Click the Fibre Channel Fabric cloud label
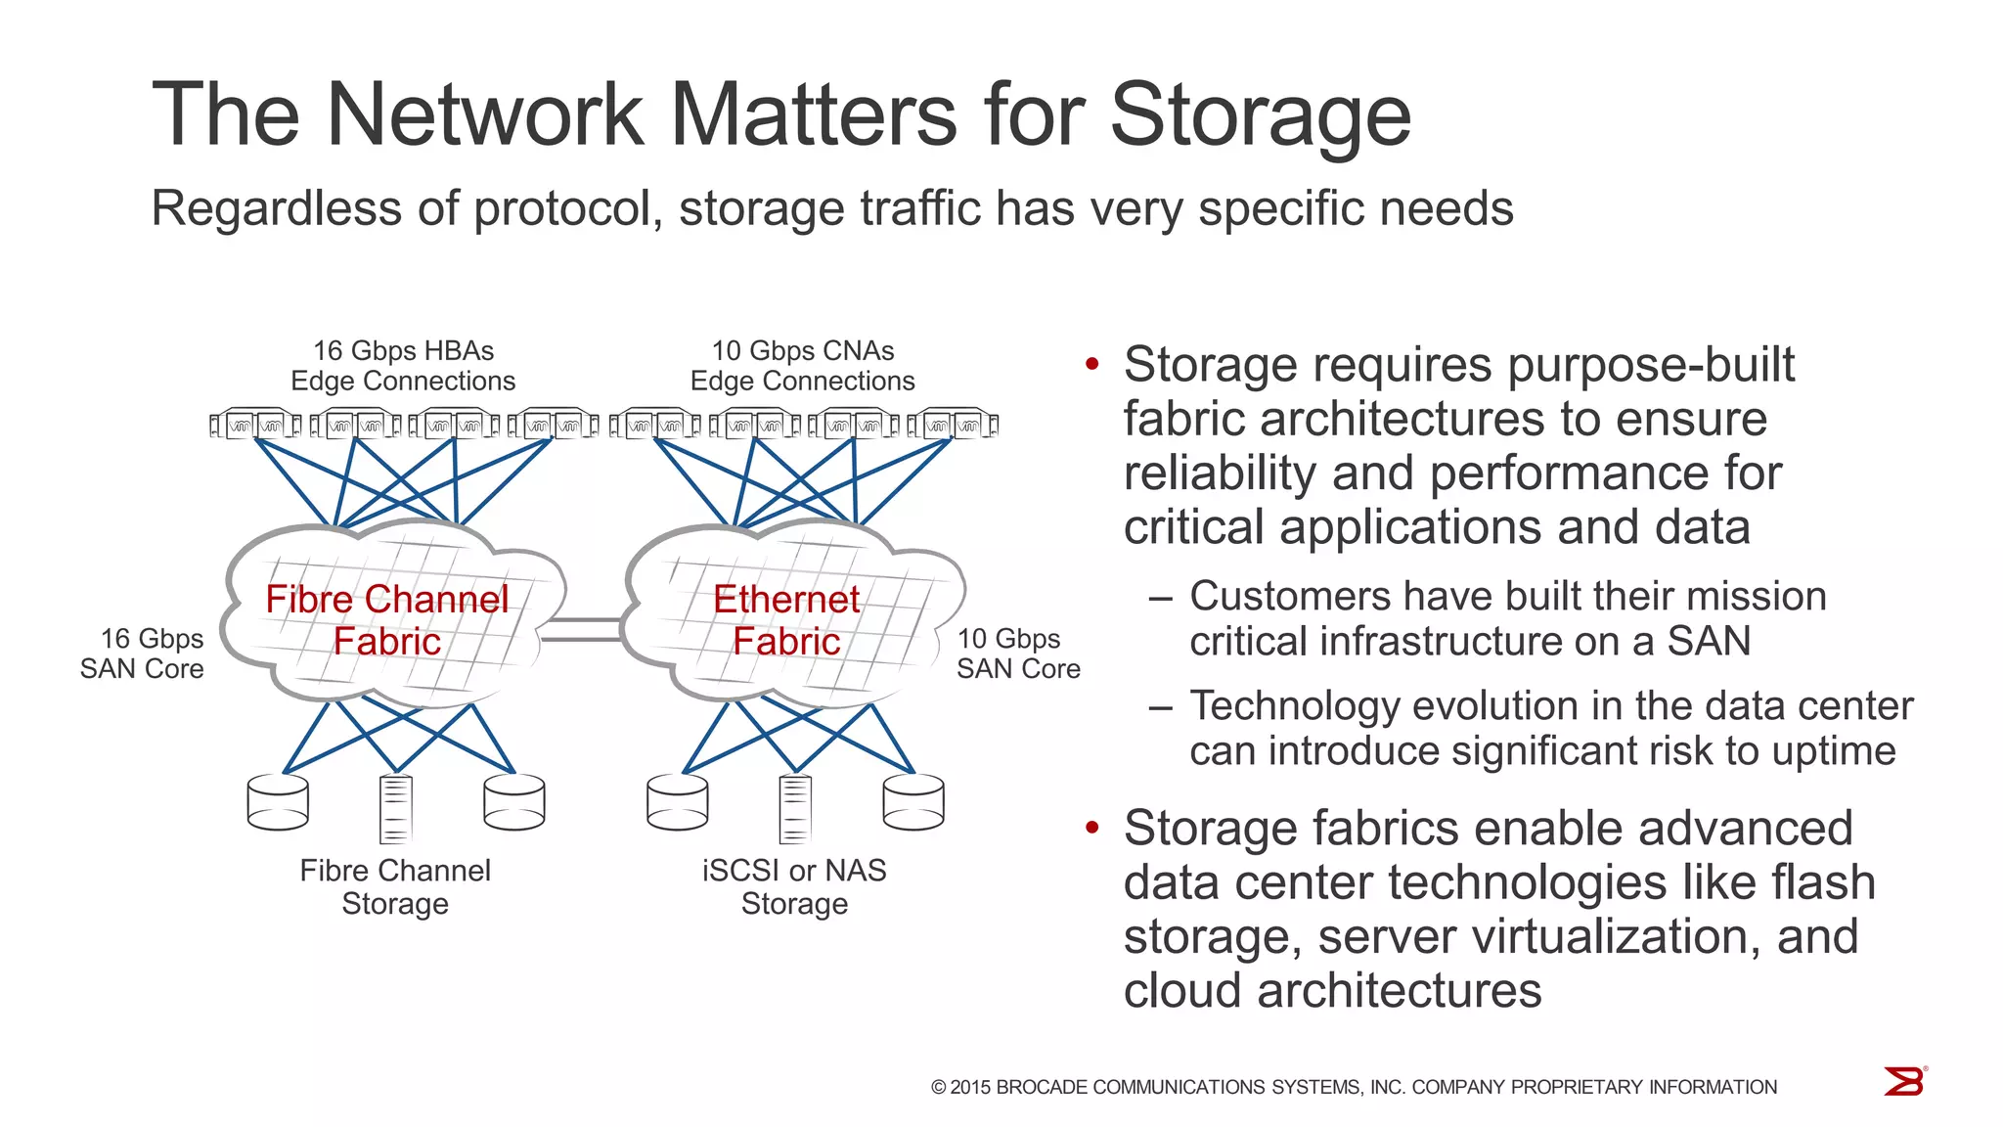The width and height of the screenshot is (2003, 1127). (387, 620)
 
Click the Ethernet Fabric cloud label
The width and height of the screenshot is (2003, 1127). (786, 620)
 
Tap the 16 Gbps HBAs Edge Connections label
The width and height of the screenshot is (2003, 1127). (403, 366)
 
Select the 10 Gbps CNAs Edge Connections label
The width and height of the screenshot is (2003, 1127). (802, 366)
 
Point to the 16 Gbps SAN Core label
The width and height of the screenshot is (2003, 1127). (143, 654)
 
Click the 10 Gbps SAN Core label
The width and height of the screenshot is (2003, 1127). (1017, 654)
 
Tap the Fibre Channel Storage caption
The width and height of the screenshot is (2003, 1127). (395, 886)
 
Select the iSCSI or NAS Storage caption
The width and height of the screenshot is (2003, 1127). (794, 886)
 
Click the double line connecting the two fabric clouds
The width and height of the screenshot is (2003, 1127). (581, 630)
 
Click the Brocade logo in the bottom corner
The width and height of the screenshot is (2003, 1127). (1904, 1082)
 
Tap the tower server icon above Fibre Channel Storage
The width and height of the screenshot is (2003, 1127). (395, 809)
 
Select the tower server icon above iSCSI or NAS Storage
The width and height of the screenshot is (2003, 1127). (794, 809)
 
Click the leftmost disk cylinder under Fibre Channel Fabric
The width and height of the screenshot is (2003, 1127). (278, 802)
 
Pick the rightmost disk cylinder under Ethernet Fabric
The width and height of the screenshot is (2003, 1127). (912, 802)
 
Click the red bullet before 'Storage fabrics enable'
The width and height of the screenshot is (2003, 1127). (1092, 829)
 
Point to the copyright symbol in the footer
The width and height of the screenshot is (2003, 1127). (939, 1088)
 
